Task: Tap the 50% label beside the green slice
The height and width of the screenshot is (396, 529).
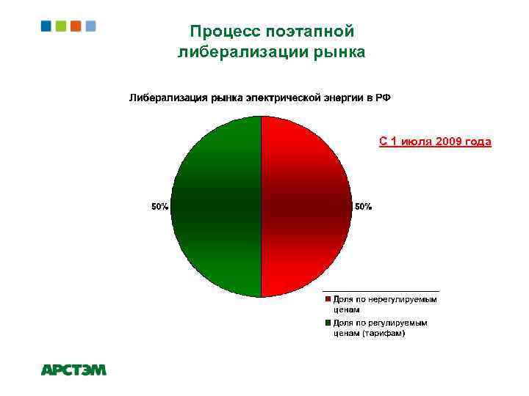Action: (159, 208)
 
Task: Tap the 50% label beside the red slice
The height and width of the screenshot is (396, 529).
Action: (363, 208)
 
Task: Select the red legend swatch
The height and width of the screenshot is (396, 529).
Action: (328, 299)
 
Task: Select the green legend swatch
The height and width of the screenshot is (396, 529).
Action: (328, 323)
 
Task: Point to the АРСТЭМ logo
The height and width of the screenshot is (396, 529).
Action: (73, 370)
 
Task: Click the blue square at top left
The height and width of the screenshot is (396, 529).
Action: (46, 26)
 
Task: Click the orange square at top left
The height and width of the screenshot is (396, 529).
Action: (76, 26)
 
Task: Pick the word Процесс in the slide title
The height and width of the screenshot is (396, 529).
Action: (220, 32)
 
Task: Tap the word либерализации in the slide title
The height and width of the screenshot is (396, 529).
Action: (245, 52)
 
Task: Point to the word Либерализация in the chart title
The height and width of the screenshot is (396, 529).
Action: (168, 98)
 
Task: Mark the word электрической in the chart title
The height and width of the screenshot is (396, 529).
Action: (281, 98)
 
